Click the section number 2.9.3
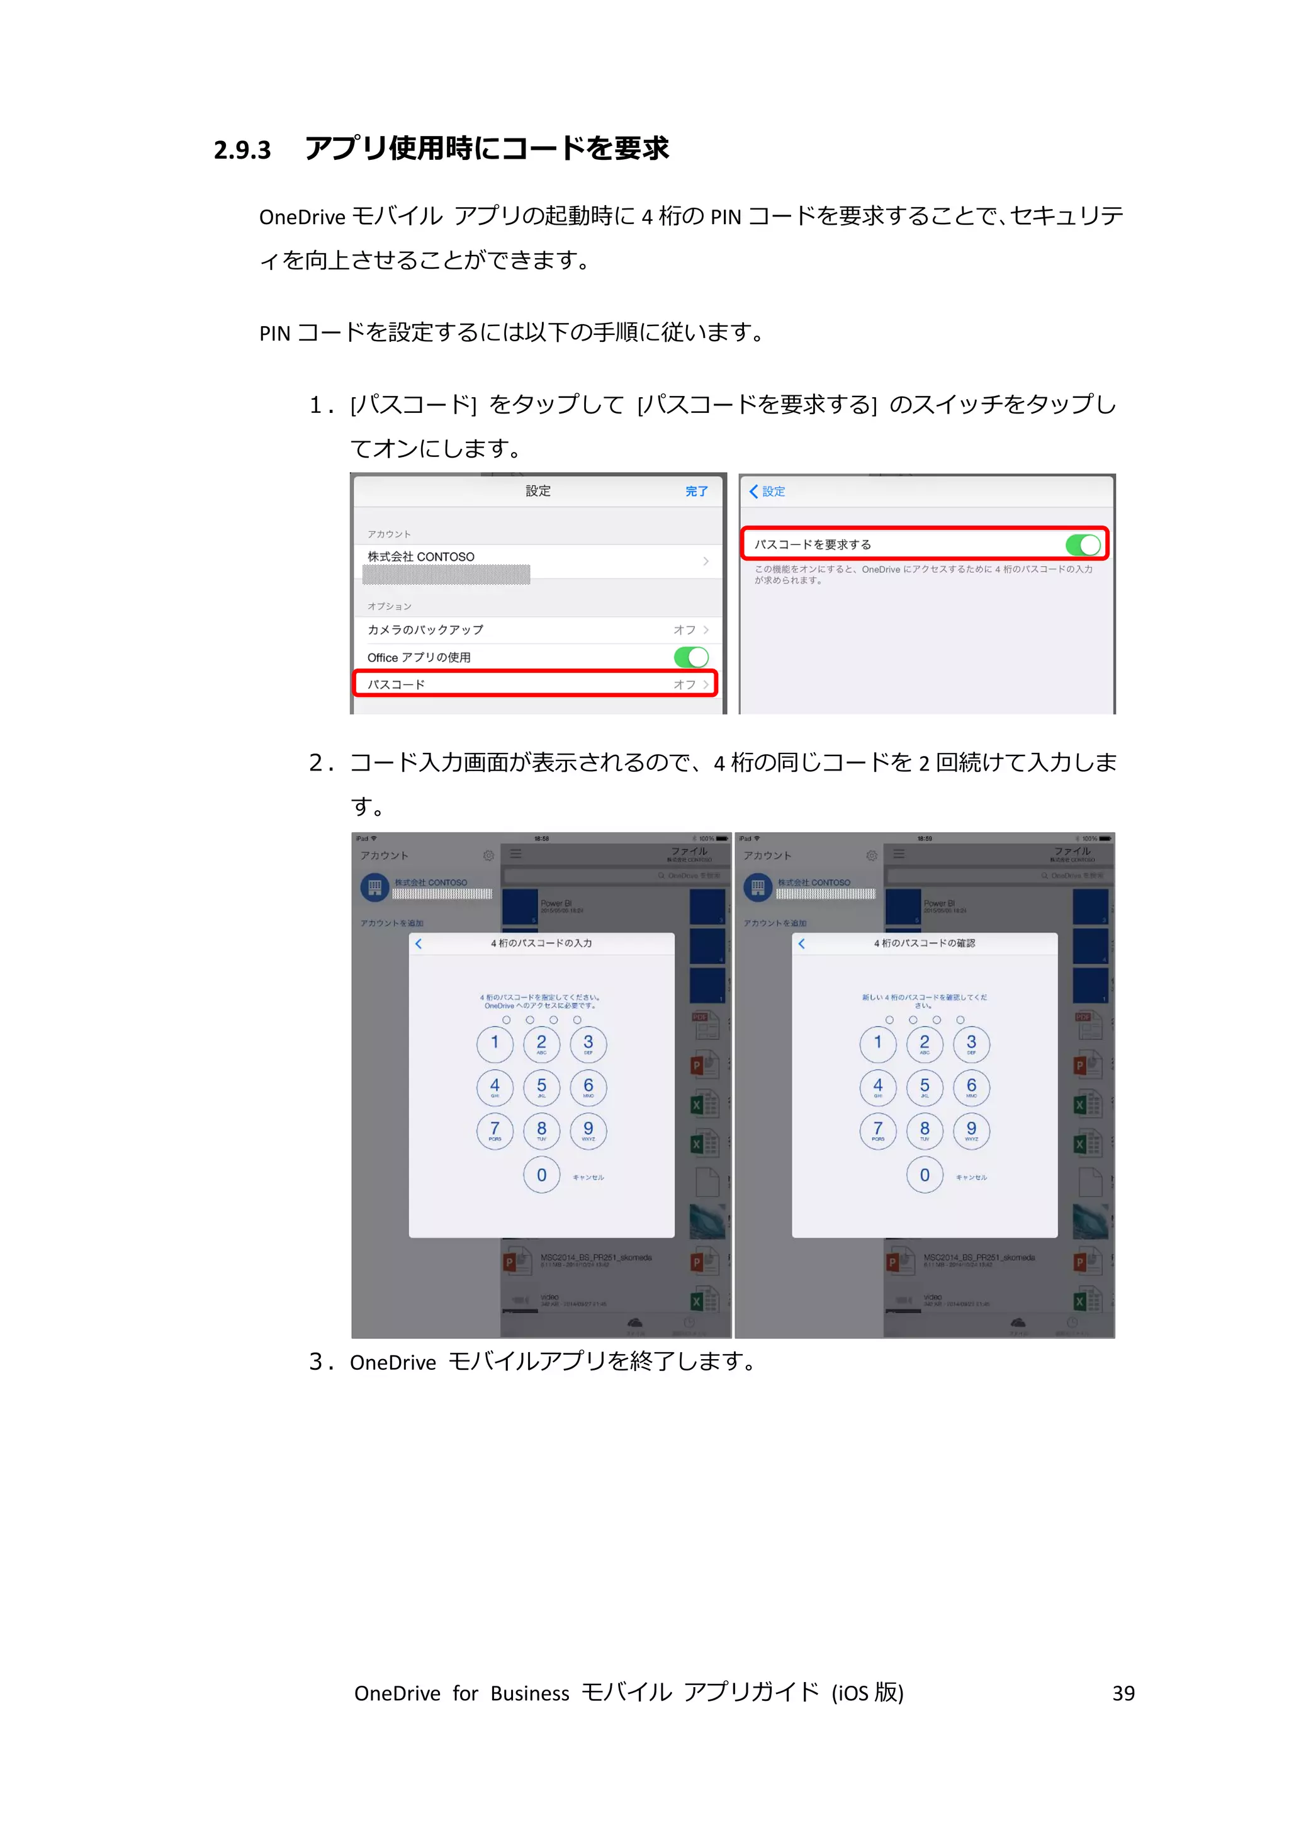coord(242,150)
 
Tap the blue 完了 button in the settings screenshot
coord(696,492)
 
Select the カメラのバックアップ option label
coord(425,629)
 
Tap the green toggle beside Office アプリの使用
coord(690,657)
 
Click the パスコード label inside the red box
coord(396,684)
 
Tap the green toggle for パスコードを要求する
coord(1083,545)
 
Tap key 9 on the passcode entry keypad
coord(588,1131)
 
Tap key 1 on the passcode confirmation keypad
coord(878,1043)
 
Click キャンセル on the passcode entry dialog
coord(588,1178)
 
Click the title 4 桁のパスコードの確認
coord(925,943)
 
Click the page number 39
coord(1123,1693)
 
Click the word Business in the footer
coord(529,1693)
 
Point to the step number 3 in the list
coord(317,1362)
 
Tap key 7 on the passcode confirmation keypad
coord(878,1131)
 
